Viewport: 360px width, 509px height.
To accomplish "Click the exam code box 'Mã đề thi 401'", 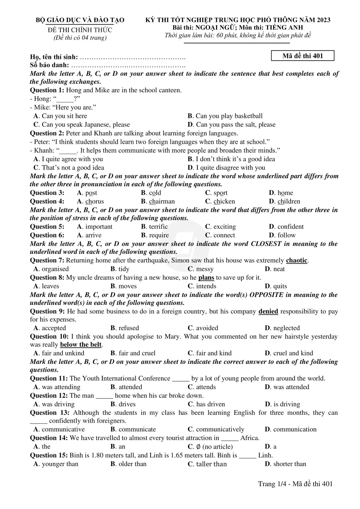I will [x=302, y=56].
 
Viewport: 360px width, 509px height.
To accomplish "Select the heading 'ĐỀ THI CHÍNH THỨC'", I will [x=80, y=30].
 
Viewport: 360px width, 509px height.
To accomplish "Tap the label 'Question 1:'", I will [x=47, y=90].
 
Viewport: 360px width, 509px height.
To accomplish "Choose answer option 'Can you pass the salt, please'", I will [x=235, y=124].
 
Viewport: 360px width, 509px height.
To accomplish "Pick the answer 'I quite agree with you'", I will [x=72, y=159].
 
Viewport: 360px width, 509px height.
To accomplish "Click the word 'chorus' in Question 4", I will [x=94, y=201].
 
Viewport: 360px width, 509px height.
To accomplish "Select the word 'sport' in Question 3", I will [x=220, y=193].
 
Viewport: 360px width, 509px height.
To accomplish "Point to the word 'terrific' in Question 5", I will [x=158, y=227].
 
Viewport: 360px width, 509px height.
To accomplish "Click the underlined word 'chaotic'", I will [x=297, y=260].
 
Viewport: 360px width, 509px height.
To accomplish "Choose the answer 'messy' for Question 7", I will [x=205, y=269].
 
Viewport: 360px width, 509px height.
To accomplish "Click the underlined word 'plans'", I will [x=206, y=278].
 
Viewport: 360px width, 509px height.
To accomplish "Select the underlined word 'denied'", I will [x=268, y=311].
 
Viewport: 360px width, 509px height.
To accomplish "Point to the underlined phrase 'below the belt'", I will [x=81, y=344].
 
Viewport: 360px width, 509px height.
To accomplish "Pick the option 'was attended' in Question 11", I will [x=291, y=387].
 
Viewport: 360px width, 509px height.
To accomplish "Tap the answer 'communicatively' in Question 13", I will [x=220, y=429].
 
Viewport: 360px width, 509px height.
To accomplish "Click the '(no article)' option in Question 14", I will [x=217, y=447].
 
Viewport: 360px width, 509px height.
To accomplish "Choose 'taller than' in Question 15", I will [x=211, y=464].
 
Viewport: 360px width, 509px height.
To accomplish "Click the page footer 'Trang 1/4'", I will [x=271, y=484].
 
